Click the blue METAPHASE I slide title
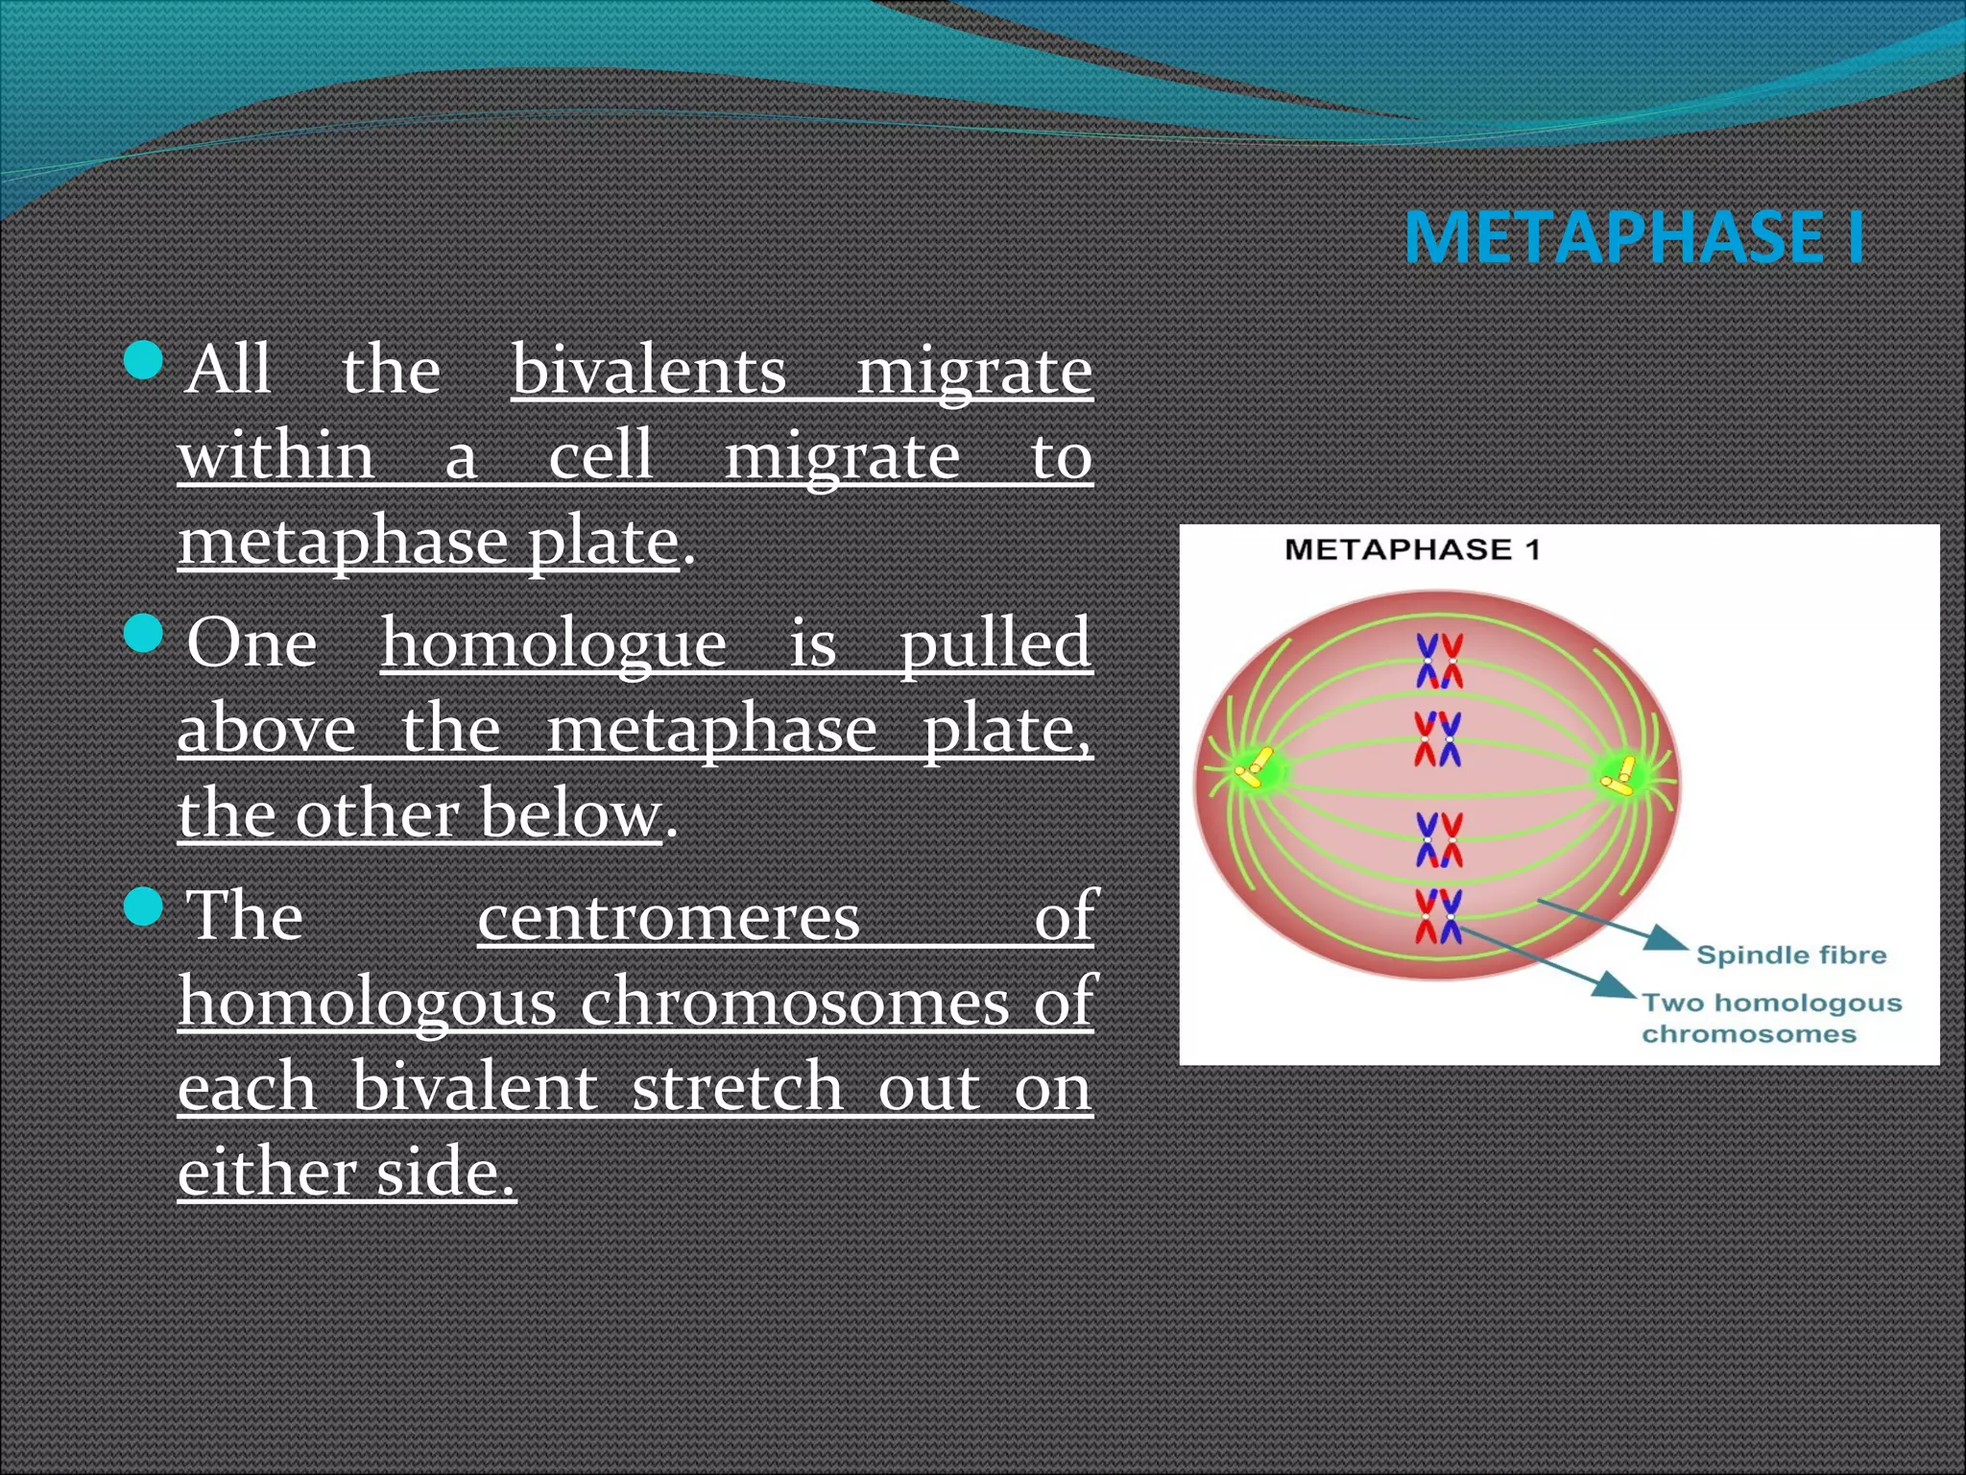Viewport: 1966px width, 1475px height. coord(1634,237)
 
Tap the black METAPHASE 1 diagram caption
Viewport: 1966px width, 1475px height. coord(1412,550)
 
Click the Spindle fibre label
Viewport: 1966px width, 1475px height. coord(1791,955)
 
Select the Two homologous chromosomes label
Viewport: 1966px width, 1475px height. coord(1771,1018)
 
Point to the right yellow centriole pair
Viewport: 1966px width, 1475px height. coord(1621,775)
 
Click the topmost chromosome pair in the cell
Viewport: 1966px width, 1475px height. coord(1439,661)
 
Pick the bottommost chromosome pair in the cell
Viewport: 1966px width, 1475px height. coord(1438,915)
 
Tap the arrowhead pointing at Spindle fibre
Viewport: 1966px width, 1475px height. coord(1666,938)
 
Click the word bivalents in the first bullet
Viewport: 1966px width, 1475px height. coord(649,370)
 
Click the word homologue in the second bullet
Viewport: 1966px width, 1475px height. coord(554,642)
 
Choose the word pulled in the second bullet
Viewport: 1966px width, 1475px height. coord(995,642)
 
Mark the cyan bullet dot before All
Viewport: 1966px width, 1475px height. coord(145,361)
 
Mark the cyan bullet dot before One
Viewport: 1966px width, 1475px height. coord(145,634)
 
